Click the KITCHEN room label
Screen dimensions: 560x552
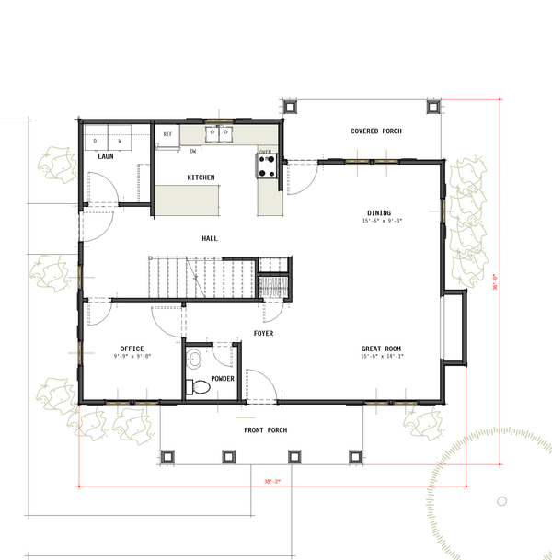tap(201, 177)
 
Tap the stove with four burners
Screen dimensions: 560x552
tap(268, 166)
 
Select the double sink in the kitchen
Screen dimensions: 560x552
tap(218, 134)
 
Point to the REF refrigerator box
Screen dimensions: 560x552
tap(167, 135)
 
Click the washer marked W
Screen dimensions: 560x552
tap(120, 141)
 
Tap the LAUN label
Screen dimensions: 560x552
tap(106, 156)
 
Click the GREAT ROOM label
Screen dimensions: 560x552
tap(381, 349)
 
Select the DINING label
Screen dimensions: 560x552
tap(378, 212)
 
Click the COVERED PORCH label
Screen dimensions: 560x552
tap(376, 131)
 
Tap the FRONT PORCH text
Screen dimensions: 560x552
tap(265, 430)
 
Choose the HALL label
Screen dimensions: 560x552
tap(210, 239)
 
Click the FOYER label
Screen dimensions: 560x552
tap(263, 333)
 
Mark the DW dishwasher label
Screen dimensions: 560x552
tap(193, 150)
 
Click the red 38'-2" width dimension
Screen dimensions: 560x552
tap(270, 481)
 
